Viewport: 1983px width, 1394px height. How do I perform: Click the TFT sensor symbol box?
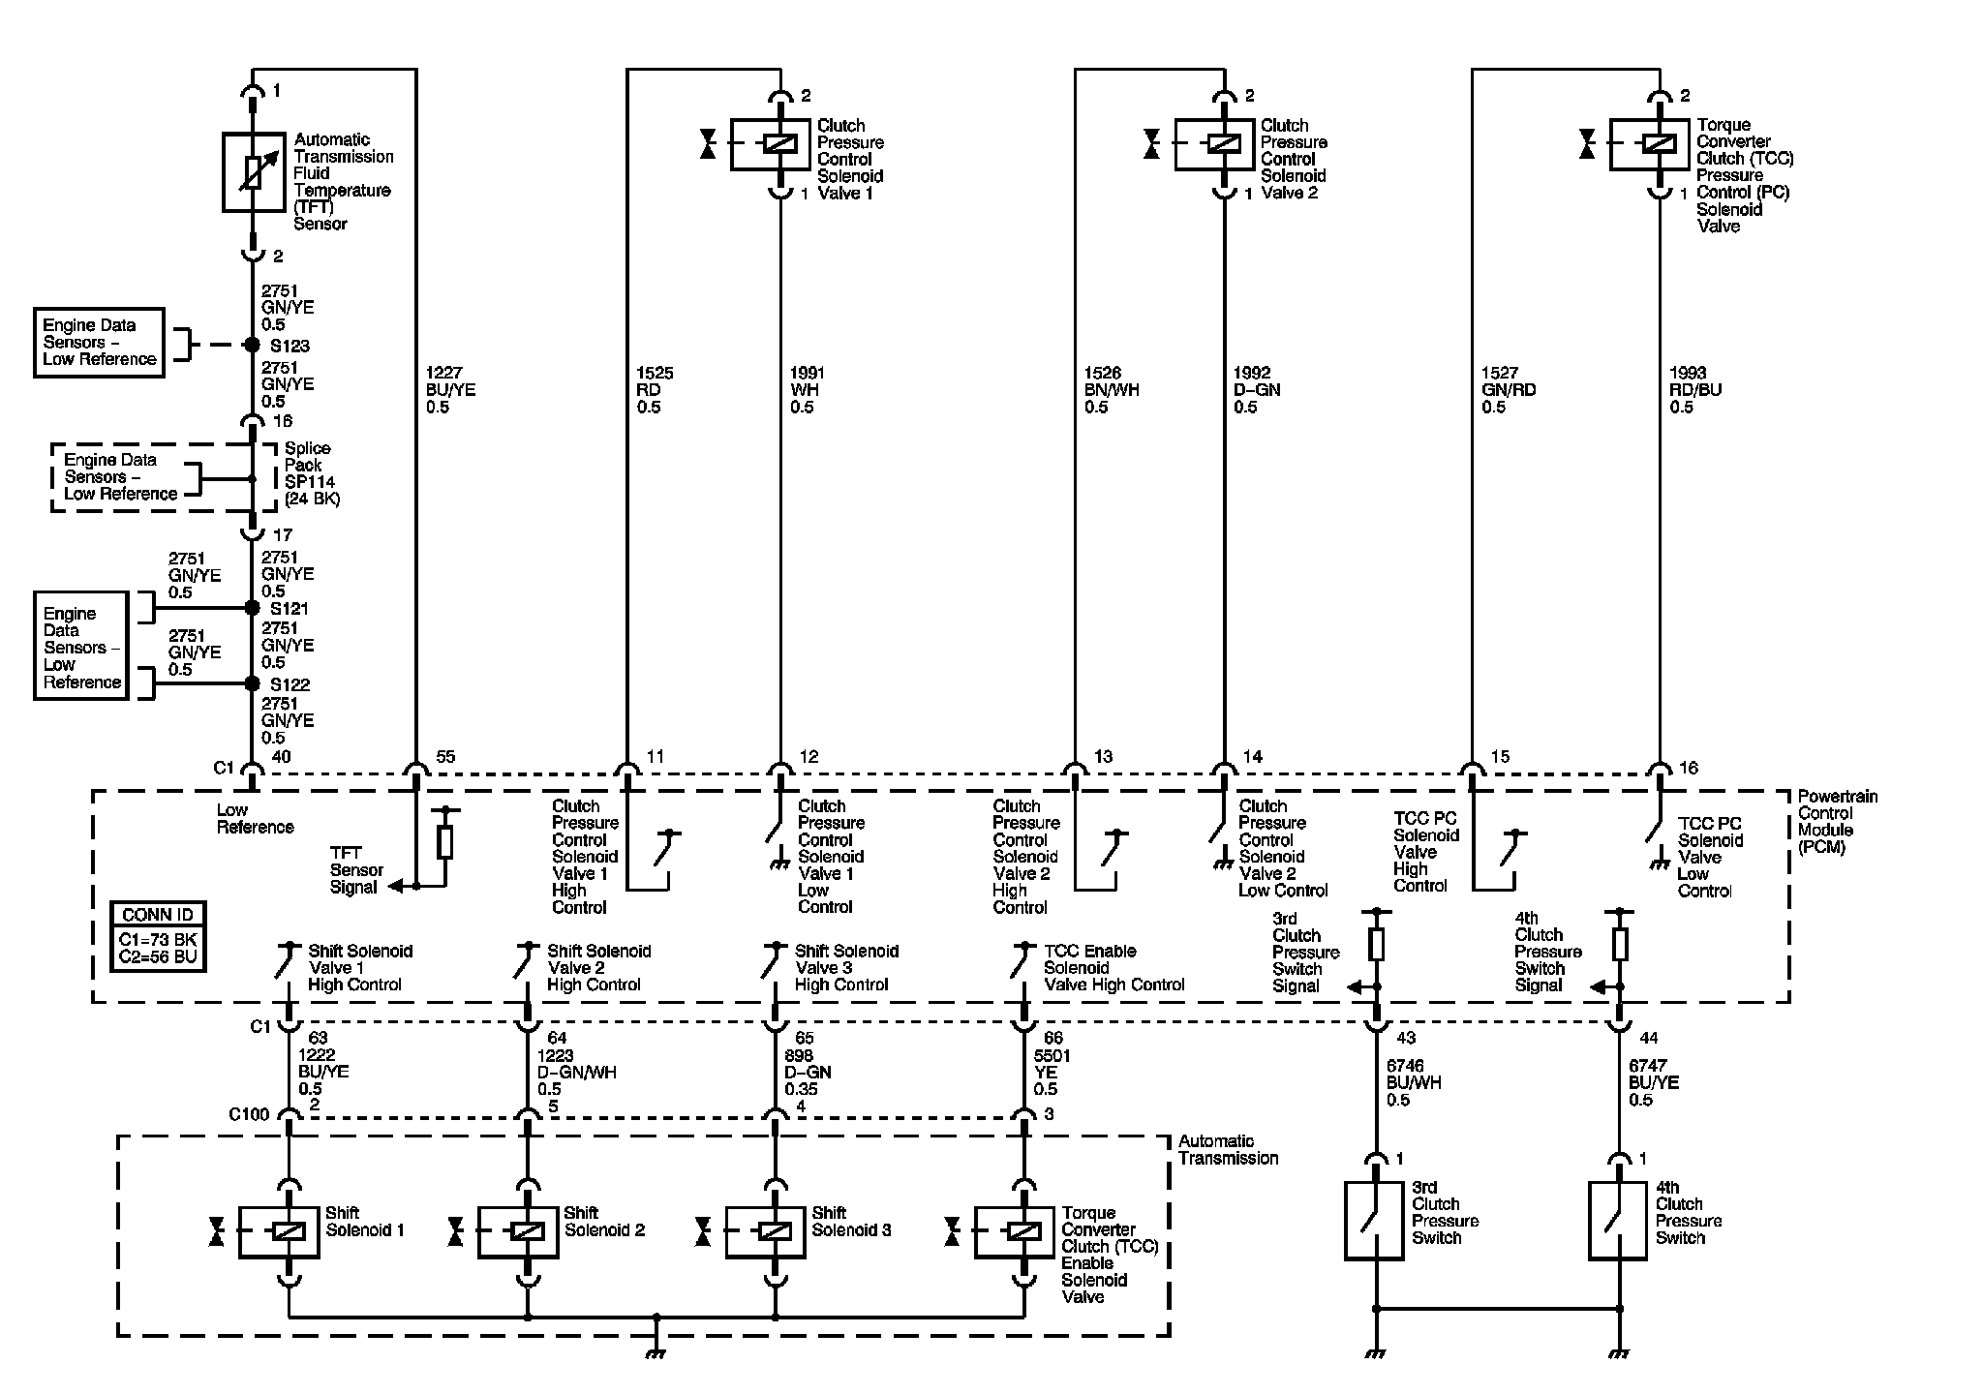(x=253, y=172)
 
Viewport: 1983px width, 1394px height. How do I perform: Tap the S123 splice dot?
(x=252, y=345)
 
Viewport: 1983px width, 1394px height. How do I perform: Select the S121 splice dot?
(x=252, y=608)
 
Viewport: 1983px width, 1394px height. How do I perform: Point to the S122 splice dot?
(x=252, y=683)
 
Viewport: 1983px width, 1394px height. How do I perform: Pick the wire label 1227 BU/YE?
(x=450, y=390)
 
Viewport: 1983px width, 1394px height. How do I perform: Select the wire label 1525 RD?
(x=655, y=390)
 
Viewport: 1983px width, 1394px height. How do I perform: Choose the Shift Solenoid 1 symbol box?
(x=279, y=1231)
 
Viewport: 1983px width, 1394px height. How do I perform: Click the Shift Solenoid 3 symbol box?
(x=765, y=1231)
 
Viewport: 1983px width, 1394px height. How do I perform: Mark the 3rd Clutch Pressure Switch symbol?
(x=1374, y=1220)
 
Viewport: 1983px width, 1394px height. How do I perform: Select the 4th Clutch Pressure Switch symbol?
(x=1617, y=1220)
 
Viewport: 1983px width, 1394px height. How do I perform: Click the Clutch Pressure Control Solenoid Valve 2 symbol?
(x=1214, y=144)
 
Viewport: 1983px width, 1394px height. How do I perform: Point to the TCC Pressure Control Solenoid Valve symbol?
(x=1649, y=144)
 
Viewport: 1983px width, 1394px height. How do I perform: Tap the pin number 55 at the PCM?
(x=444, y=757)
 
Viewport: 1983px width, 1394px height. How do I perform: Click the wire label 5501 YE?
(x=1051, y=1072)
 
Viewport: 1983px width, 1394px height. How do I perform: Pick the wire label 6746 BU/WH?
(x=1414, y=1082)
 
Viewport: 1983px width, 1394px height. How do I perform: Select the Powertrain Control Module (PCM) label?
(x=1837, y=822)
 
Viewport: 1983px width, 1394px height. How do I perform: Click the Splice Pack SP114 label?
(x=312, y=473)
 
